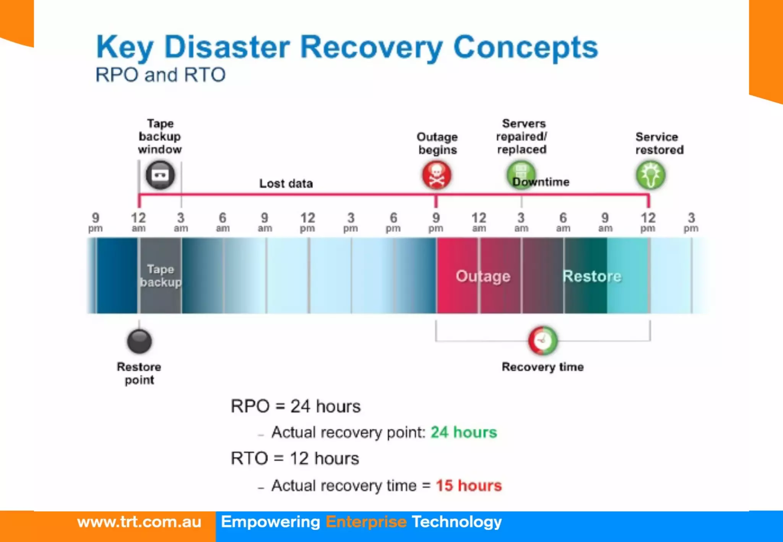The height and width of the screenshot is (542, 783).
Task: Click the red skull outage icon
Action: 436,175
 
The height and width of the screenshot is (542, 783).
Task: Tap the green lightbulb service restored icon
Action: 650,175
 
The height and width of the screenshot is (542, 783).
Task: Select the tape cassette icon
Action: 160,175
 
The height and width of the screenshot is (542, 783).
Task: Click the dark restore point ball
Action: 139,341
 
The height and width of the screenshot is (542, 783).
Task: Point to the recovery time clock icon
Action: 543,340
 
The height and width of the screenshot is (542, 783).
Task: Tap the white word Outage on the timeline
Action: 483,276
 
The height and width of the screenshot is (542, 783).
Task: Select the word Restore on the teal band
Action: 592,276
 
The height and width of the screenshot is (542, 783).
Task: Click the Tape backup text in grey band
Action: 161,276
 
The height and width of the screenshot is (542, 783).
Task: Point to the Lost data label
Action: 286,183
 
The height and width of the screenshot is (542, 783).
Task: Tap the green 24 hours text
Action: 463,432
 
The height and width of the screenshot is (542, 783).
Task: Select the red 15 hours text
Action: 468,485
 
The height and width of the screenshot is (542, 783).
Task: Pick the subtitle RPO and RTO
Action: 160,75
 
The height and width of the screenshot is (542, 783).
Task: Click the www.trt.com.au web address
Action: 139,522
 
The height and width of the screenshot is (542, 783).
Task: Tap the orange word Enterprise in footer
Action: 366,522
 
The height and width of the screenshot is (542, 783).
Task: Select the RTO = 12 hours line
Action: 295,458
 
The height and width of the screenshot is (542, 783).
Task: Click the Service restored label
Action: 659,143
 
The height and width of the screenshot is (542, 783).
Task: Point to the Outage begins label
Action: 437,143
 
